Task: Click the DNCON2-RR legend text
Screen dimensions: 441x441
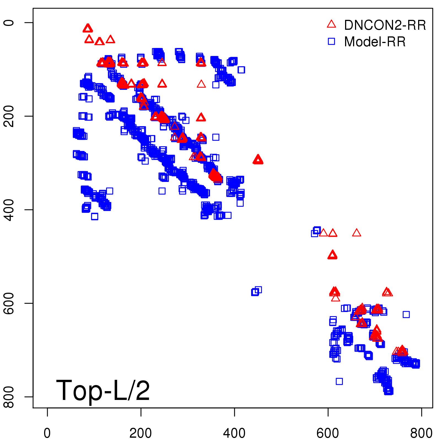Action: click(x=385, y=25)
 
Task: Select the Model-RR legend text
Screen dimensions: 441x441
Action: click(x=375, y=42)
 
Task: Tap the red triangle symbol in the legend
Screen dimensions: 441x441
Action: click(x=331, y=24)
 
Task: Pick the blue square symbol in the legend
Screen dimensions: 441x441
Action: click(x=331, y=41)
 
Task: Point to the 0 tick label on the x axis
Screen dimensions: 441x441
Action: click(x=47, y=433)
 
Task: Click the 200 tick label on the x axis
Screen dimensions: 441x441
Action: click(x=141, y=433)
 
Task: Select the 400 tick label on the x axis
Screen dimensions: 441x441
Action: click(x=234, y=433)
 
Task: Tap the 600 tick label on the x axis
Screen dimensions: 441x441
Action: click(x=328, y=433)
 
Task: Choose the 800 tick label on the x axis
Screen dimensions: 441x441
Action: click(x=421, y=433)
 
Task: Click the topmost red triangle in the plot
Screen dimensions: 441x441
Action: click(x=88, y=28)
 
